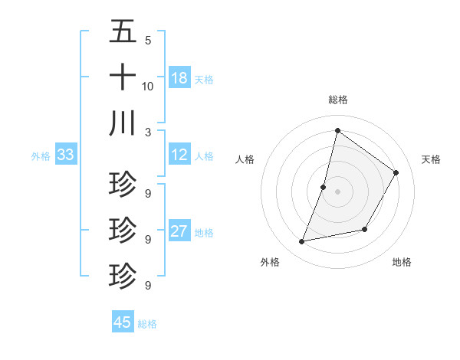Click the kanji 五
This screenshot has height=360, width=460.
(123, 32)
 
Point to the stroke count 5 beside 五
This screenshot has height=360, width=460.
(147, 41)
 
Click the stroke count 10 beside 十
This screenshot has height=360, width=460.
(148, 86)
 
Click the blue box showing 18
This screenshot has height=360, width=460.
(179, 78)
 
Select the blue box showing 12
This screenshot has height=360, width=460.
(179, 155)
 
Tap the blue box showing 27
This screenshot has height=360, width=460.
(179, 231)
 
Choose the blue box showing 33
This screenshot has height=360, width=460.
(65, 155)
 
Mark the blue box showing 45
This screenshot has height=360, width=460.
(123, 322)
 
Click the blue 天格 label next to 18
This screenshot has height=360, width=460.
(204, 80)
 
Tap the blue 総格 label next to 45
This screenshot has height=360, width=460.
(147, 324)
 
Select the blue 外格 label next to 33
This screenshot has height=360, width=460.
(41, 156)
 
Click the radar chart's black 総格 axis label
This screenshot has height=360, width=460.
(337, 100)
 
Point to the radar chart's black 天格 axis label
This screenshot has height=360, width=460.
(431, 159)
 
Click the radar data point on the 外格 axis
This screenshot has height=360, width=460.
(302, 241)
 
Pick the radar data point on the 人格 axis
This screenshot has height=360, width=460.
(324, 187)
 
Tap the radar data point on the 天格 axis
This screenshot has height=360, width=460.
(396, 172)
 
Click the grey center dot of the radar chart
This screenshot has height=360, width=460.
(337, 191)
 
